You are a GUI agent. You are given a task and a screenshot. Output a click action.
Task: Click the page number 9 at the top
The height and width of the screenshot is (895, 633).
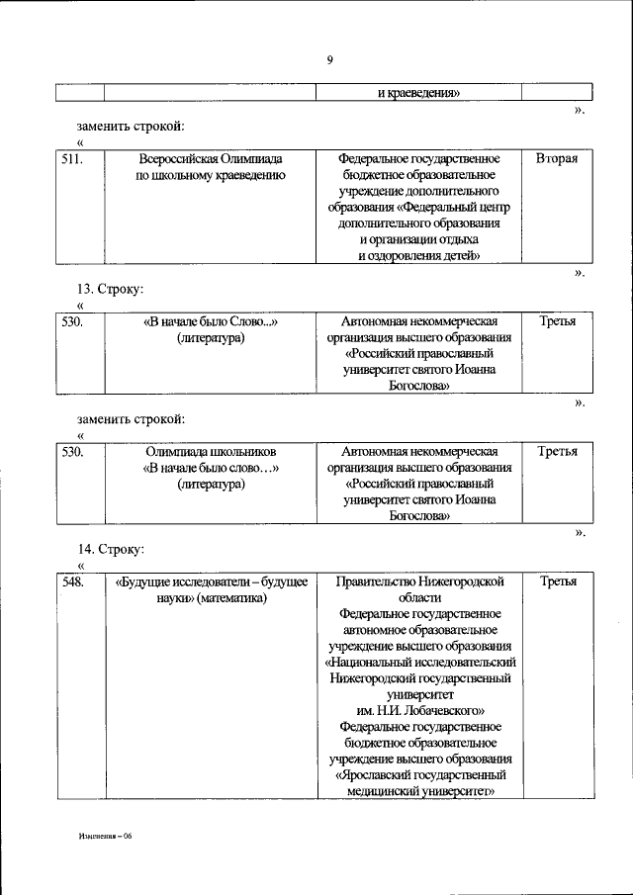click(329, 60)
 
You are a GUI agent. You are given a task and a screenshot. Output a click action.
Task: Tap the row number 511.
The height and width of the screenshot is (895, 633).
click(71, 158)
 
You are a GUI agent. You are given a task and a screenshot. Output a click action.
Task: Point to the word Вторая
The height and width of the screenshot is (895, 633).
click(557, 158)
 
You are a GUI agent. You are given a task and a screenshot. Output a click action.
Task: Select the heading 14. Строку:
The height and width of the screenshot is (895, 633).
click(112, 548)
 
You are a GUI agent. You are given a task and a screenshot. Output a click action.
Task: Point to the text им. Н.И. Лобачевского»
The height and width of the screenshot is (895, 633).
click(420, 710)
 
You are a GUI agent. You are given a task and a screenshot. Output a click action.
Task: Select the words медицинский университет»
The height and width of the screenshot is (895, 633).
click(420, 791)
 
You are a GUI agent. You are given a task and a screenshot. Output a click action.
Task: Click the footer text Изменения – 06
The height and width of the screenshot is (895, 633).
click(107, 836)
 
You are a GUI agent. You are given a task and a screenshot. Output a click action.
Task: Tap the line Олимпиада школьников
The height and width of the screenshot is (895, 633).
click(211, 451)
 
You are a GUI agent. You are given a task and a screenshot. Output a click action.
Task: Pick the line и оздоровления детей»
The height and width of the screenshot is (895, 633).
click(420, 255)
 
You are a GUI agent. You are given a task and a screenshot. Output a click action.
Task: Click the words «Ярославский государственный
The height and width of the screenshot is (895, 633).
click(420, 775)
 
